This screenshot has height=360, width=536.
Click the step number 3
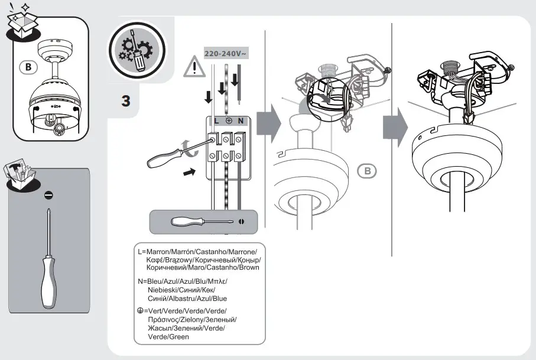125,100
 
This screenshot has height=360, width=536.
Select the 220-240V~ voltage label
226,53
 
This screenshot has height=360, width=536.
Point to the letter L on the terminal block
216,121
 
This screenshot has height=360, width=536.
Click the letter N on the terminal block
240,121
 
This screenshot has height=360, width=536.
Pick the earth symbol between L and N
228,121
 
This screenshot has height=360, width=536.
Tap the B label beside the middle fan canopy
367,171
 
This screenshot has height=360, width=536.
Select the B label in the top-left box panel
27,66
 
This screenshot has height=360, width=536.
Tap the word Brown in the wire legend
248,268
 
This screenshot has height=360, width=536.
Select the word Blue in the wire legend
215,299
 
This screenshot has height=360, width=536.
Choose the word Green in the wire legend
178,336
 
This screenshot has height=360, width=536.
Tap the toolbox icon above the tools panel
22,173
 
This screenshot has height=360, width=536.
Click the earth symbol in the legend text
139,311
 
